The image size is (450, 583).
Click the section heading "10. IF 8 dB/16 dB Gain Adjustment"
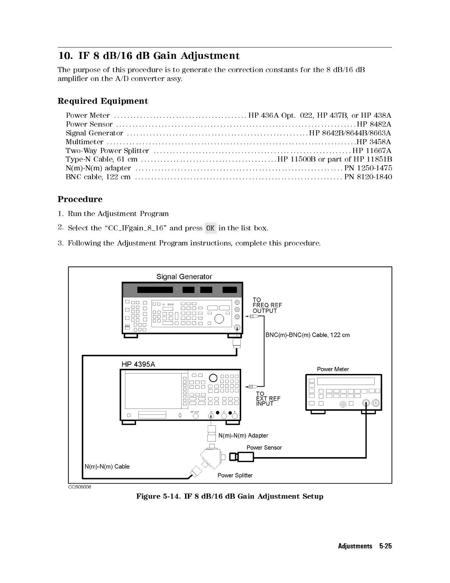pyautogui.click(x=149, y=56)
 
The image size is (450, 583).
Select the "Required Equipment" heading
pyautogui.click(x=103, y=101)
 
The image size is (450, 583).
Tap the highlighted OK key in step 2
pyautogui.click(x=210, y=228)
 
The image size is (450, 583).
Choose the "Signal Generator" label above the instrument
pyautogui.click(x=184, y=277)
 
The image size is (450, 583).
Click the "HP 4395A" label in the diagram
pyautogui.click(x=138, y=364)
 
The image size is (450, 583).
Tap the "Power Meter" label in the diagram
pyautogui.click(x=333, y=369)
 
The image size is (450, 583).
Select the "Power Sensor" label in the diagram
pyautogui.click(x=264, y=448)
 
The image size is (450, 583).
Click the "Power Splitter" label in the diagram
pyautogui.click(x=235, y=475)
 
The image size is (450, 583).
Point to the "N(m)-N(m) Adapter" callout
pyautogui.click(x=243, y=436)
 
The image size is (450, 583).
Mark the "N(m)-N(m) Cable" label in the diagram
pyautogui.click(x=107, y=466)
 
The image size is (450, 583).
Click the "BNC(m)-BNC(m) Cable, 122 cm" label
pyautogui.click(x=307, y=335)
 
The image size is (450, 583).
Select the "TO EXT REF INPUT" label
pyautogui.click(x=268, y=399)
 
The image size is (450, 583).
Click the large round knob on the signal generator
pyautogui.click(x=219, y=318)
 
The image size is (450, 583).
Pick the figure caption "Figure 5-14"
pyautogui.click(x=230, y=497)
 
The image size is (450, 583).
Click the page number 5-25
pyautogui.click(x=386, y=546)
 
